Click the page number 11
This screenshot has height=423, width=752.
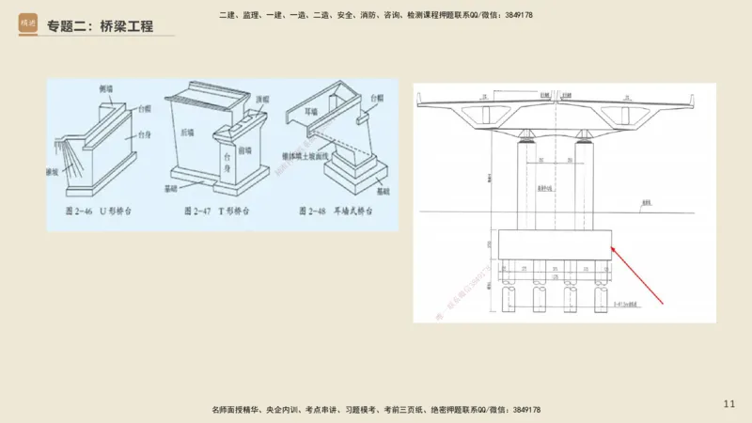729,403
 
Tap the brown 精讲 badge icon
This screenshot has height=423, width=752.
28,25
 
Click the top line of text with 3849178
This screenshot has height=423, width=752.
375,15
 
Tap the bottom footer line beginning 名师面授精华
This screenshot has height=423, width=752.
376,410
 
